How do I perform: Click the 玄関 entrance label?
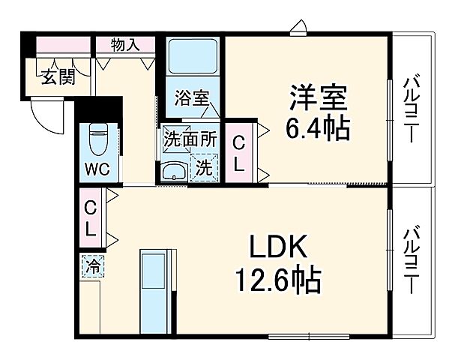coord(57,77)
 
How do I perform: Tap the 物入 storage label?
coord(126,45)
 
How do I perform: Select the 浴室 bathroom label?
coord(192,98)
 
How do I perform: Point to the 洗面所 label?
coord(191,139)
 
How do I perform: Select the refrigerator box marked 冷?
coord(94,265)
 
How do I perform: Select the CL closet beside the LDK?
coord(91,218)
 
